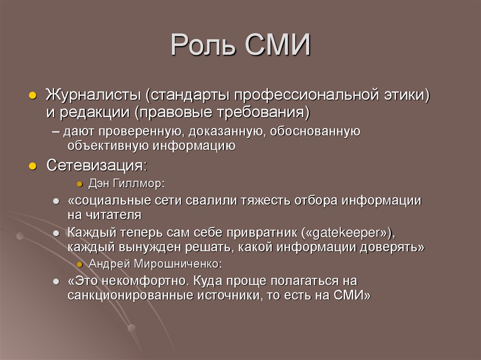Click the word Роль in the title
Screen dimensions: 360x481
tap(203, 46)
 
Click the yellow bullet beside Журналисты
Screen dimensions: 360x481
tap(32, 95)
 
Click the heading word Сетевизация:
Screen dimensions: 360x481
tap(96, 166)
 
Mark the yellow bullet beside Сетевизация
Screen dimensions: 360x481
tap(32, 167)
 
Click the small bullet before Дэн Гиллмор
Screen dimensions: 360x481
tap(80, 184)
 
